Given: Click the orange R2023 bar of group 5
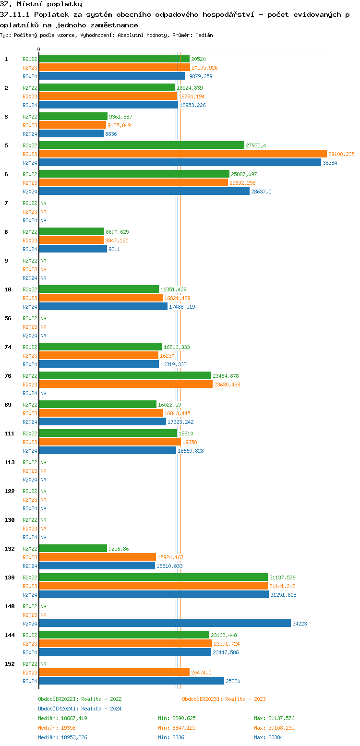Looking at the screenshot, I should pyautogui.click(x=182, y=154).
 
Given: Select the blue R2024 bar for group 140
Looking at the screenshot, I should pyautogui.click(x=165, y=624).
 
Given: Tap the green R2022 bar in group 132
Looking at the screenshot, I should pyautogui.click(x=73, y=549).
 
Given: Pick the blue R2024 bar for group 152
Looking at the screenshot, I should pyautogui.click(x=131, y=681).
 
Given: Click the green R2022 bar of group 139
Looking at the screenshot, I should pyautogui.click(x=153, y=578).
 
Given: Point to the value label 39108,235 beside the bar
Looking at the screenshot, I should pyautogui.click(x=341, y=154).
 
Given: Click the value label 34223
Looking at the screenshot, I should pyautogui.click(x=300, y=624).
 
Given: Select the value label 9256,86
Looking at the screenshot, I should pyautogui.click(x=119, y=549).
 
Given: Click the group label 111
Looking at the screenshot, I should pyautogui.click(x=8, y=433).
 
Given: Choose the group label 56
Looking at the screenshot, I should pyautogui.click(x=8, y=318).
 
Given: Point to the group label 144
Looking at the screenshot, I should pyautogui.click(x=8, y=635).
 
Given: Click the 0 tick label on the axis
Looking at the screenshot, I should pyautogui.click(x=39, y=50).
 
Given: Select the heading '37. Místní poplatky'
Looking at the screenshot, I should pyautogui.click(x=41, y=4).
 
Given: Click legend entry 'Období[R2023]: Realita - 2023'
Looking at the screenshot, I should pyautogui.click(x=224, y=699).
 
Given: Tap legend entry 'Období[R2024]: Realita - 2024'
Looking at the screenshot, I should pyautogui.click(x=80, y=709).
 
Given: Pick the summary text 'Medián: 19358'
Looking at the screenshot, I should pyautogui.click(x=57, y=728).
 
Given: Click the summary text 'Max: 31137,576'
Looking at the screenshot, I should pyautogui.click(x=275, y=718).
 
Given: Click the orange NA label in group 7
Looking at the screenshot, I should pyautogui.click(x=43, y=212).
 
